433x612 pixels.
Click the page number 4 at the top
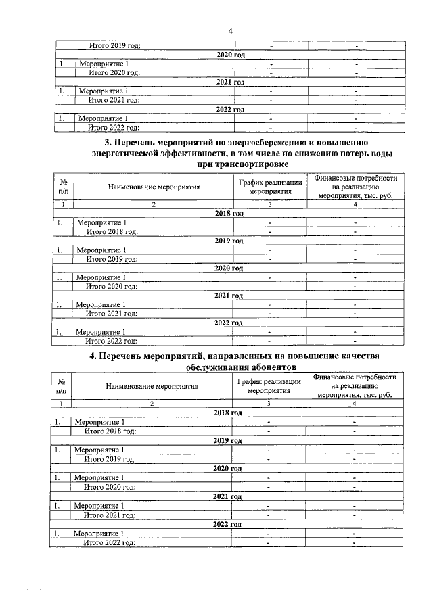click(x=230, y=31)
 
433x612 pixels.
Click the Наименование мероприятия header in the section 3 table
click(x=153, y=187)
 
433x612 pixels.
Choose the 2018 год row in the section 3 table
click(x=229, y=213)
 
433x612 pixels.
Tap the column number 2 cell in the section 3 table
click(x=153, y=204)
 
